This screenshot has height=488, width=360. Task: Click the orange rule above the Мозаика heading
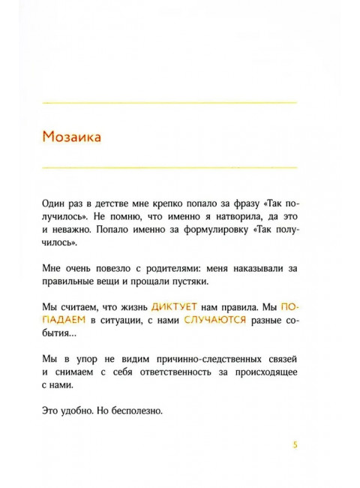[169, 101]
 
